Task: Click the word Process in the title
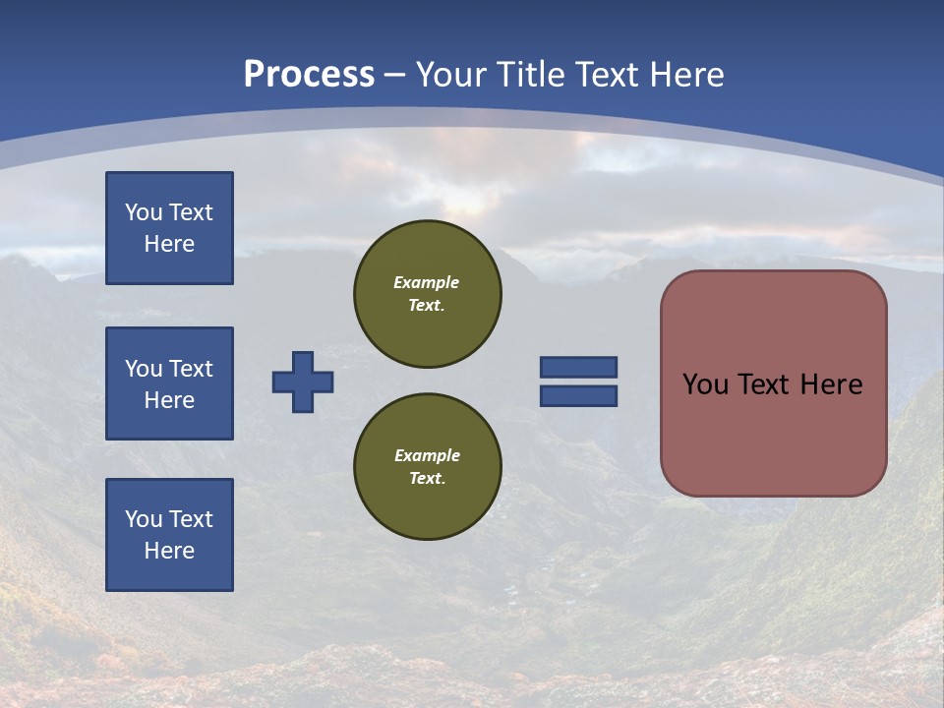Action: [x=309, y=74]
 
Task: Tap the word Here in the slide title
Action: [x=681, y=74]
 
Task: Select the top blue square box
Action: [x=169, y=228]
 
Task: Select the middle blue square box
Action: [x=169, y=383]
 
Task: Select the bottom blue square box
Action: [x=169, y=535]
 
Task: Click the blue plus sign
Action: [x=303, y=382]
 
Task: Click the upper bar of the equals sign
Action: [x=578, y=367]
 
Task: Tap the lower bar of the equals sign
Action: [x=578, y=396]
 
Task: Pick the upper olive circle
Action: [x=427, y=294]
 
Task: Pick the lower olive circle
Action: [x=427, y=467]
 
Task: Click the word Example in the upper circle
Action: [x=426, y=282]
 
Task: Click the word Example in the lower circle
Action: [x=427, y=455]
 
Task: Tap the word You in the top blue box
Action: [x=144, y=212]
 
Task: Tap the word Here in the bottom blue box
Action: [x=169, y=551]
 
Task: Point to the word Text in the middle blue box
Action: [x=191, y=369]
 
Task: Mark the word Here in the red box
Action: [x=831, y=384]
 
